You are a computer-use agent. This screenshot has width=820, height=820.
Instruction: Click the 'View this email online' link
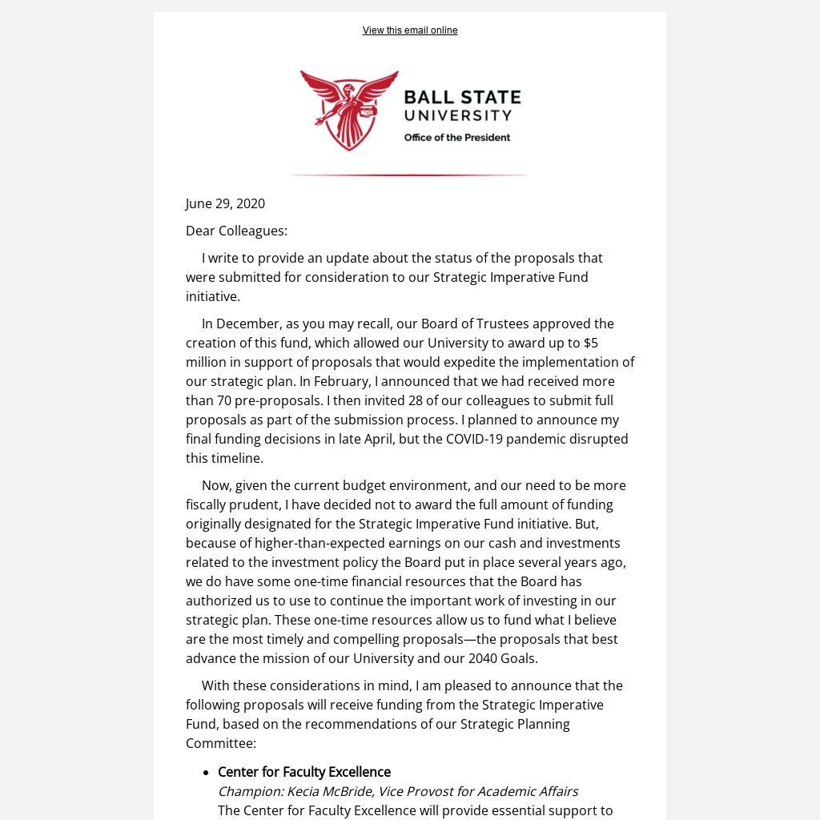pos(410,30)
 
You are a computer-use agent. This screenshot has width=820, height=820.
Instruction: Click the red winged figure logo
pos(350,110)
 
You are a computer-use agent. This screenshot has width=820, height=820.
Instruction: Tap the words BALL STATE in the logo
pos(462,98)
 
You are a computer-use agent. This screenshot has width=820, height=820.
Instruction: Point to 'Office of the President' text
pos(457,138)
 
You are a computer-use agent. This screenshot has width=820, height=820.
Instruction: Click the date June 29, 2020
pos(225,203)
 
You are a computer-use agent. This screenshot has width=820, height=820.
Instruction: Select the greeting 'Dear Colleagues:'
pos(236,231)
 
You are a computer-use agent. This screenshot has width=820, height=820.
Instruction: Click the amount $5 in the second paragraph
pos(591,343)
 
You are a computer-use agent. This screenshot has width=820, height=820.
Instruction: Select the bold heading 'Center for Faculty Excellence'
pos(304,772)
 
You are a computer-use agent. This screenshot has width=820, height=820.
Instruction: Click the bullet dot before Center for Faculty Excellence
pos(206,773)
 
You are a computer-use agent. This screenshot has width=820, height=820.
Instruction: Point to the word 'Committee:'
pos(221,743)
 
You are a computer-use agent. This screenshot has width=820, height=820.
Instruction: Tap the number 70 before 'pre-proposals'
pos(224,400)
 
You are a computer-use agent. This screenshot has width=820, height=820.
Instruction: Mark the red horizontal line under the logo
pos(408,175)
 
